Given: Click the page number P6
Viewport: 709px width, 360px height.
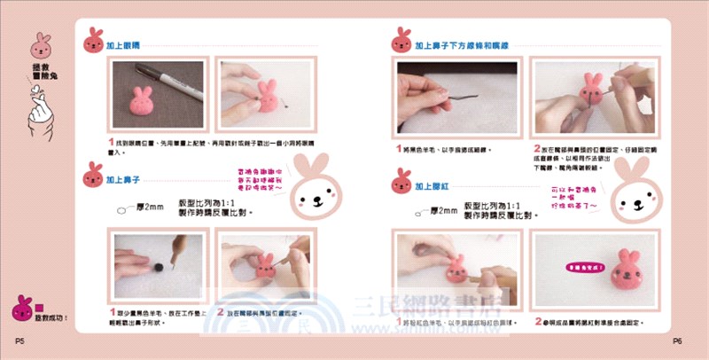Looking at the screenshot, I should pyautogui.click(x=676, y=340).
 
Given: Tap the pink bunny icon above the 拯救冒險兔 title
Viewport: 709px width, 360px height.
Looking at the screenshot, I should pyautogui.click(x=41, y=46).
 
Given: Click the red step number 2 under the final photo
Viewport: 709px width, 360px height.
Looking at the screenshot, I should pyautogui.click(x=536, y=321).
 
